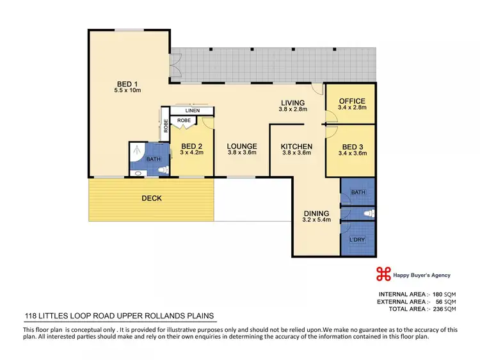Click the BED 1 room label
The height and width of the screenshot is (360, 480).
(127, 83)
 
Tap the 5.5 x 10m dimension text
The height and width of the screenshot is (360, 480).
(127, 91)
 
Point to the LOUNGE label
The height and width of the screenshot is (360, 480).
(241, 146)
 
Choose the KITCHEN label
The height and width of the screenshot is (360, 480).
(296, 146)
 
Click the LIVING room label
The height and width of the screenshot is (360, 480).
(292, 102)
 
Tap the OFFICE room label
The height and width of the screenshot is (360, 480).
(352, 101)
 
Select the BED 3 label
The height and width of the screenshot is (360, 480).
(352, 146)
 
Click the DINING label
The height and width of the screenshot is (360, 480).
(316, 213)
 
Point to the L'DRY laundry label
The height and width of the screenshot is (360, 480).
(356, 240)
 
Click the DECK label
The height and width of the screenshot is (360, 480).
(151, 199)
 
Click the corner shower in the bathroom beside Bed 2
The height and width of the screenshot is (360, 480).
(136, 151)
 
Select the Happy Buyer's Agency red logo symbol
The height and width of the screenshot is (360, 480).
(383, 274)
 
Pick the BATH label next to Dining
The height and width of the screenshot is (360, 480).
(357, 191)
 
